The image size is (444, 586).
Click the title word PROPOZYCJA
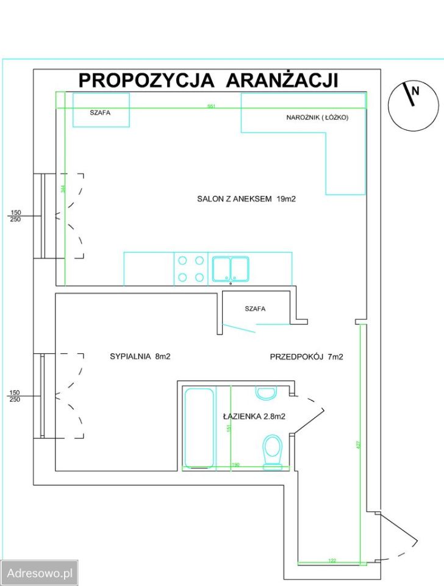[146, 81]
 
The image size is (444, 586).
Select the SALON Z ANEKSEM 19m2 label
[246, 198]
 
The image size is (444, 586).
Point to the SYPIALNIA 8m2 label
[140, 357]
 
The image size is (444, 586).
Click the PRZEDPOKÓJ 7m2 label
[306, 357]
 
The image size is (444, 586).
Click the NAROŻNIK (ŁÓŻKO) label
[317, 117]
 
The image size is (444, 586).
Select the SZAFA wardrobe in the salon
[101, 110]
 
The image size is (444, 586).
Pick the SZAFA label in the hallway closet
[255, 309]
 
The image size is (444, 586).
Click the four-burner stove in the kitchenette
[190, 269]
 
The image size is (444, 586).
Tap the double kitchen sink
[231, 269]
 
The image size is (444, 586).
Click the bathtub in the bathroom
[199, 427]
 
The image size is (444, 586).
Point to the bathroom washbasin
[266, 392]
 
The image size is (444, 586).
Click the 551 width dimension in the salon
[212, 106]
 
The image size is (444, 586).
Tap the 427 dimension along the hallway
[358, 446]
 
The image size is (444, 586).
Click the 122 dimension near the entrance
[332, 560]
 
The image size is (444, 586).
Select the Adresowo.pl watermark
[39, 573]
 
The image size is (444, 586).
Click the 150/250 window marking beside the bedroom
[15, 396]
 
